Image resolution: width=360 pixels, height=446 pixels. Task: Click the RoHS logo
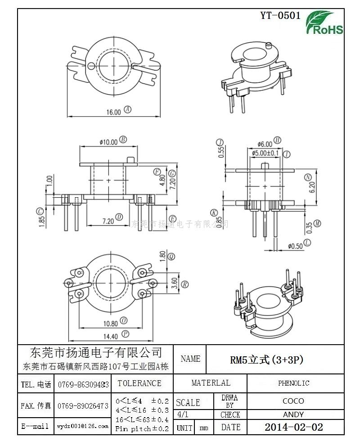[x=324, y=23]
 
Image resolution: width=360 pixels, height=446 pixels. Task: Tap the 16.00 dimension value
[x=113, y=112]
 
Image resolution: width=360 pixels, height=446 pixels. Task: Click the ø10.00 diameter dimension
[x=108, y=142]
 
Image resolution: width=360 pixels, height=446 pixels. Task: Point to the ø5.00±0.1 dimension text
[x=265, y=153]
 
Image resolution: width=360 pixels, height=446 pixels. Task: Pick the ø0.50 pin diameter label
[x=296, y=246]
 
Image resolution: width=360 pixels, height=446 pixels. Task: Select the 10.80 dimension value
[x=111, y=323]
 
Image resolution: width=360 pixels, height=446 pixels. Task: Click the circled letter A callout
[x=127, y=109]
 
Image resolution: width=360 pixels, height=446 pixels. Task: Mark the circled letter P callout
[x=126, y=334]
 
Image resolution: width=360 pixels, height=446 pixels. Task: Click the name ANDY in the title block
[x=293, y=414]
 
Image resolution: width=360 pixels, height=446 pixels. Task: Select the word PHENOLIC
[x=293, y=383]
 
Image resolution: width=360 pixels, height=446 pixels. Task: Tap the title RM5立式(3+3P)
[x=266, y=360]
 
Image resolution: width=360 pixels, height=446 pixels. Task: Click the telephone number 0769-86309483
[x=83, y=385]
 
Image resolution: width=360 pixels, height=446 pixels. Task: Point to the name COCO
[x=293, y=401]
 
